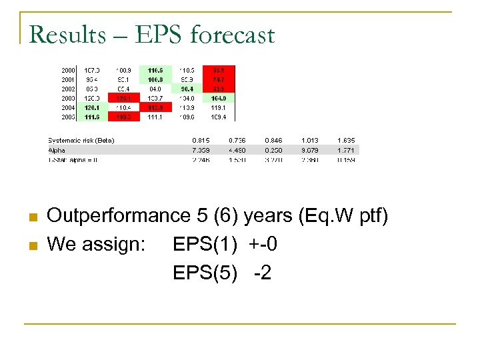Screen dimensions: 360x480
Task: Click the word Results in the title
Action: tap(67, 34)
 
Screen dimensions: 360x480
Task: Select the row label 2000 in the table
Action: tap(68, 69)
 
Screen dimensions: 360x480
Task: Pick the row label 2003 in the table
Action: tap(68, 97)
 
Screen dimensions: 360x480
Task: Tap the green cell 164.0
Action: tap(219, 97)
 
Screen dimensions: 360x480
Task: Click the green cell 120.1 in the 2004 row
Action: tap(91, 107)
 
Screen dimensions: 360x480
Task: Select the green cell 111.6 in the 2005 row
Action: tap(91, 116)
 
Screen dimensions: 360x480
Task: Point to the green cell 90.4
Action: tap(187, 88)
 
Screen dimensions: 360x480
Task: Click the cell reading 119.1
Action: tap(219, 107)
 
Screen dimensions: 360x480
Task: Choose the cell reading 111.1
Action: tap(155, 116)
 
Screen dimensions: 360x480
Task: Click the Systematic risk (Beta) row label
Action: tap(81, 140)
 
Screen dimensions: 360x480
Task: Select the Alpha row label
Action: tap(57, 150)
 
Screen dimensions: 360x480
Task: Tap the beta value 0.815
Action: tap(201, 140)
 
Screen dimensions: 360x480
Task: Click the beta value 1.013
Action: tap(309, 140)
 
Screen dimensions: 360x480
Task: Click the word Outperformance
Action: tap(119, 216)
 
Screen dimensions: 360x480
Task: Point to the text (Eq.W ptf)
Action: tap(343, 216)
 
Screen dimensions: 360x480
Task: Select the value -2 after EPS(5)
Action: tap(262, 273)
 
